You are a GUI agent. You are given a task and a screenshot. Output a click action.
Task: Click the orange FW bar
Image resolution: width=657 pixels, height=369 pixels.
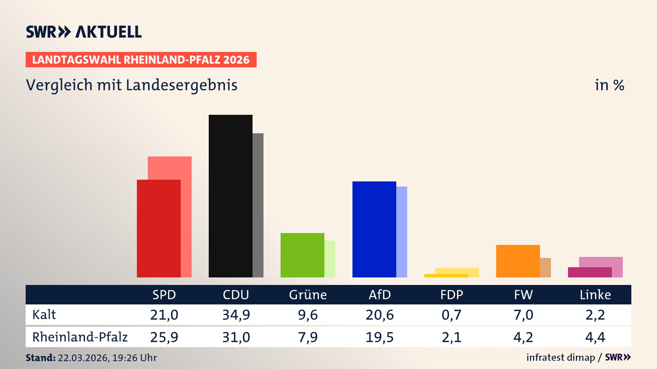tap(518, 261)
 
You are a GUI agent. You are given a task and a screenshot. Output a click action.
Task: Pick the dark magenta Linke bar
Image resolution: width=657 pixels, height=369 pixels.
tap(590, 272)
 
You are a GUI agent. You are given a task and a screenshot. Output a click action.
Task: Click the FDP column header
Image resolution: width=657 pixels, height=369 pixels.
tap(451, 295)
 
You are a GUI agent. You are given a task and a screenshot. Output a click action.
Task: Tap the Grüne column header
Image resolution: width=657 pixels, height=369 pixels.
tap(308, 295)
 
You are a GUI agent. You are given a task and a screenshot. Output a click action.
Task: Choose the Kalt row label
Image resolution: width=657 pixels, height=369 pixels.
tap(44, 315)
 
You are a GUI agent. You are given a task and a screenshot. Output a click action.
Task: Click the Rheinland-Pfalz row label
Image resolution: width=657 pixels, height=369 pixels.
tap(80, 337)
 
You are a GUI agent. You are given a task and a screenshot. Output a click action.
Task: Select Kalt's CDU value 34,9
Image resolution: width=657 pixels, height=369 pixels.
tap(236, 315)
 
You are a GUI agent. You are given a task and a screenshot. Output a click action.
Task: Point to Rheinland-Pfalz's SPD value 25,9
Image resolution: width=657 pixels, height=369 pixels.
tap(164, 337)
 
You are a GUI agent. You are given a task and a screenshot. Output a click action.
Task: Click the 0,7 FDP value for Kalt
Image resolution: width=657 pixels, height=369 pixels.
tap(451, 315)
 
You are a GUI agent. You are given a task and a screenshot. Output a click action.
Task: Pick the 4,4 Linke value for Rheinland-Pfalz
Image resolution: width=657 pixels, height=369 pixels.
tap(595, 337)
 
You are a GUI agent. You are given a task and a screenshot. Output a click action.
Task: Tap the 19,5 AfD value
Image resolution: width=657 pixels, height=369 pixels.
tap(379, 337)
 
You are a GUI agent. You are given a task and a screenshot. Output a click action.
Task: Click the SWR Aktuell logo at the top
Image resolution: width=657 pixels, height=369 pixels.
tap(84, 32)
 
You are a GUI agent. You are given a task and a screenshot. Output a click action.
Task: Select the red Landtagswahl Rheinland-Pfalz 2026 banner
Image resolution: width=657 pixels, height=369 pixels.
tap(141, 60)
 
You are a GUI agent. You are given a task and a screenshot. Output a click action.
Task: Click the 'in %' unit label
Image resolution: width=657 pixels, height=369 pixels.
tap(609, 85)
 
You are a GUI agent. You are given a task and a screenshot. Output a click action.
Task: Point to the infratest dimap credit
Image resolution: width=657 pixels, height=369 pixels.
tap(561, 357)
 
